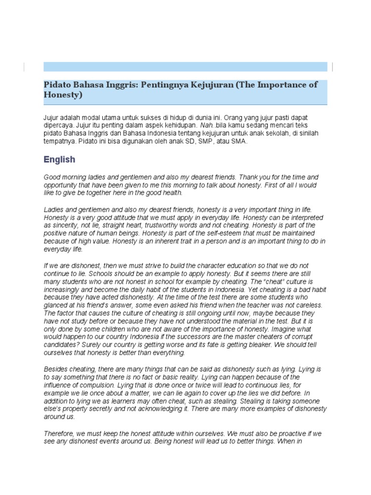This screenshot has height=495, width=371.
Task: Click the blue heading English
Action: click(x=59, y=159)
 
